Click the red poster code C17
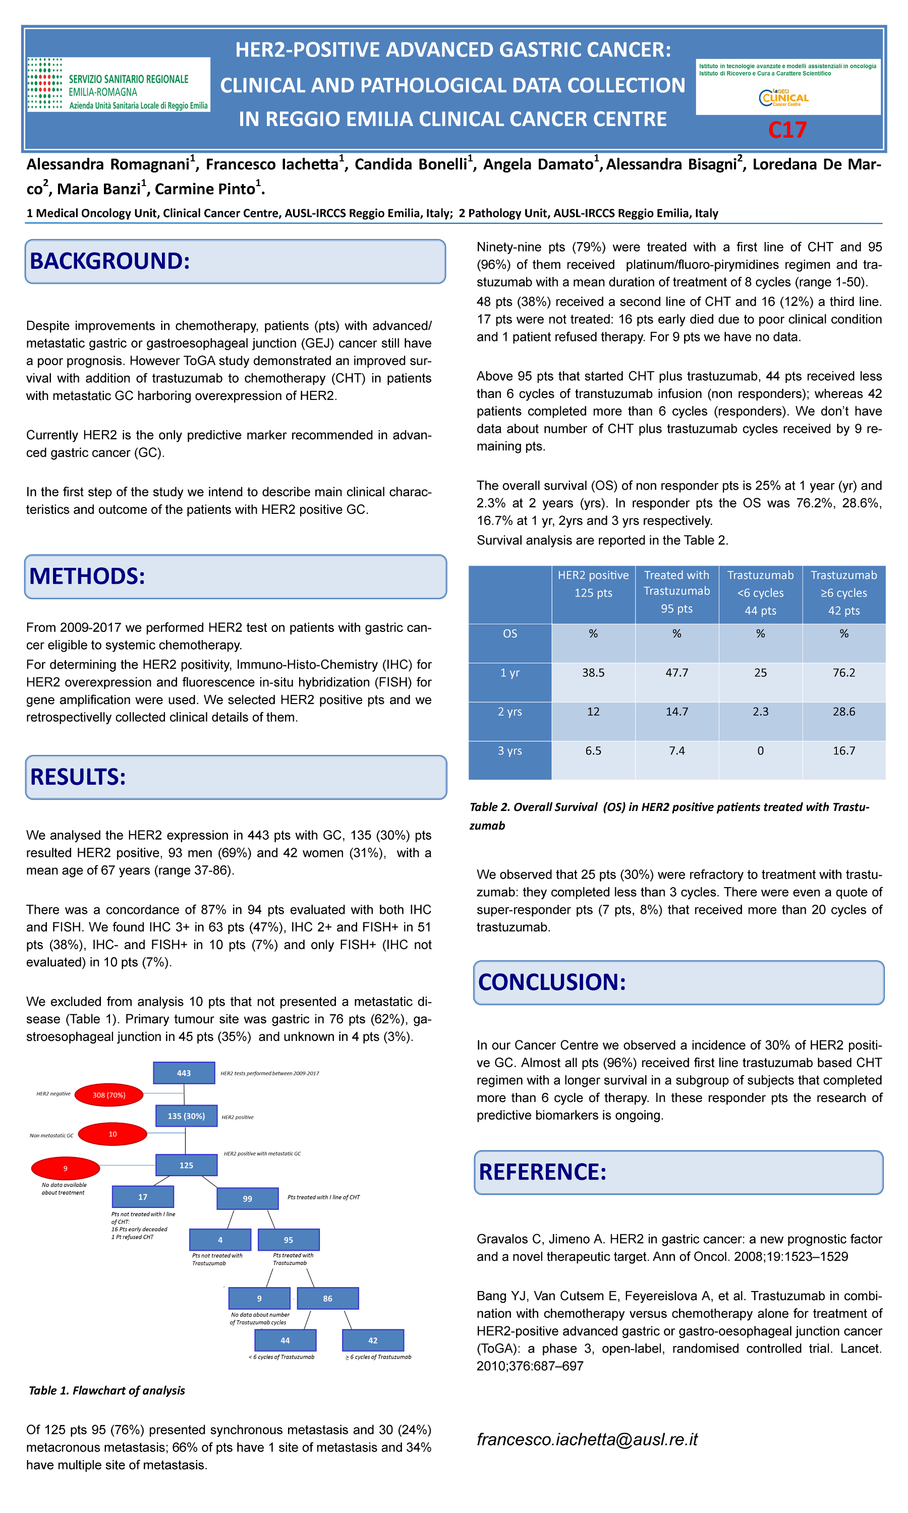787,130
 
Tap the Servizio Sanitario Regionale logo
118,85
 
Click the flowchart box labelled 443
184,1073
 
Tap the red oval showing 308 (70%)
109,1095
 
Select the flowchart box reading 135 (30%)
186,1116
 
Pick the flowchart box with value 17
143,1197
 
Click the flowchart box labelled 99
247,1199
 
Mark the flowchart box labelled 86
327,1298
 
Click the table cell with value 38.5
593,673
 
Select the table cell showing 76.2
844,673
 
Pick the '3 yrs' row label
509,751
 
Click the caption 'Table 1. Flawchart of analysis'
107,1390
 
